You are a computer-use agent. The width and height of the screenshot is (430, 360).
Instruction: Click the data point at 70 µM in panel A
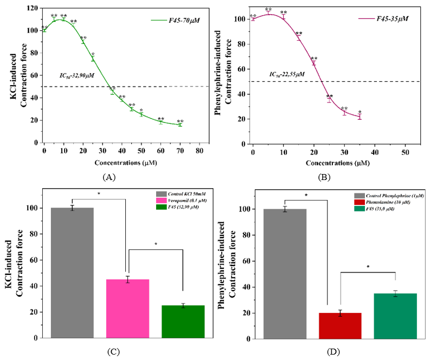(x=180, y=125)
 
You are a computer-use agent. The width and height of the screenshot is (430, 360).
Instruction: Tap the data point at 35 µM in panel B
(x=360, y=117)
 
